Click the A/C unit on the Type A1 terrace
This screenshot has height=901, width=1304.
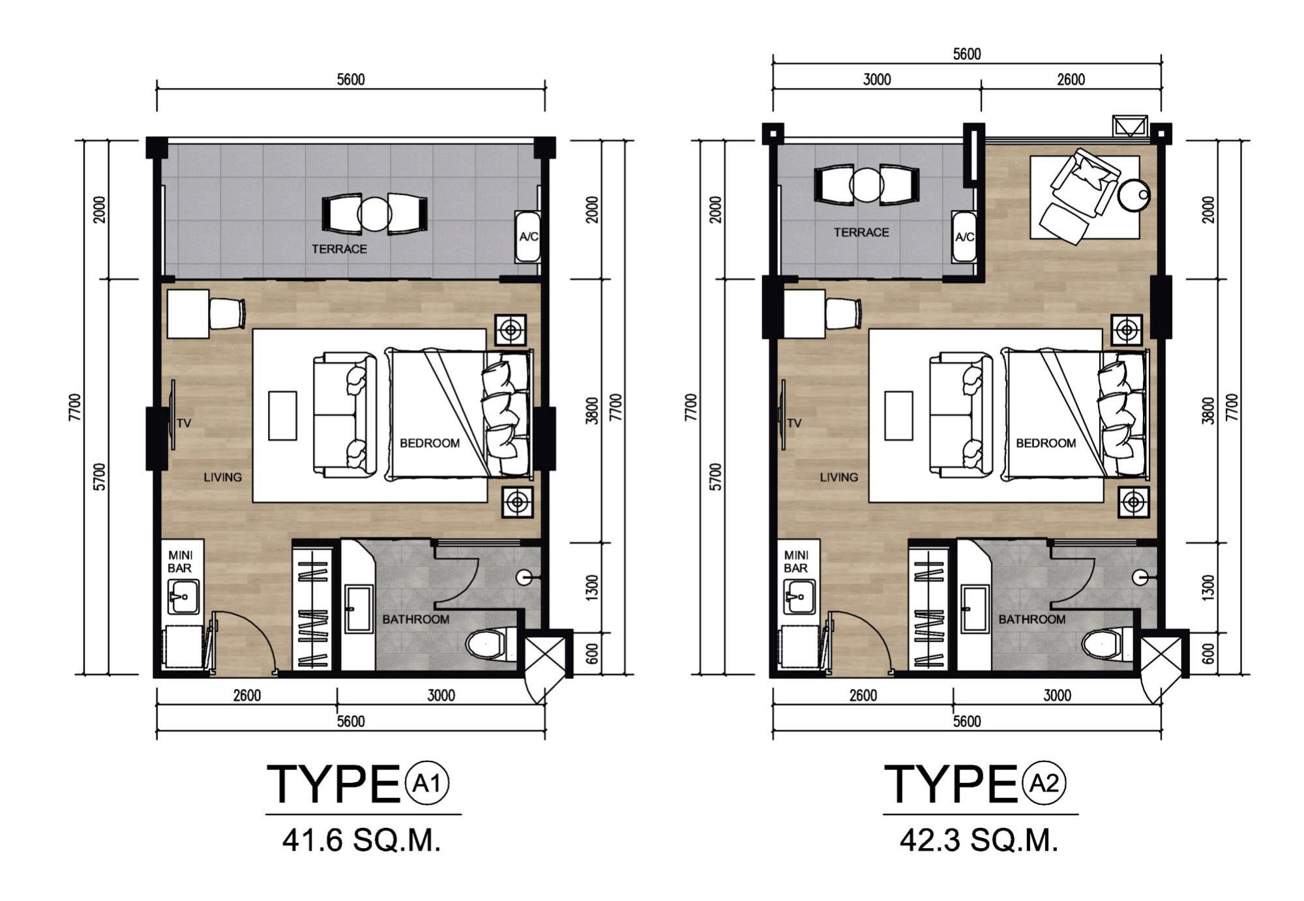pos(527,237)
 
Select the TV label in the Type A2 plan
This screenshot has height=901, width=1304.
pos(793,423)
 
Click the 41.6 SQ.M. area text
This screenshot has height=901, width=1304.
pos(362,840)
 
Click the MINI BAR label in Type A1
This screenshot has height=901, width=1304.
pos(180,561)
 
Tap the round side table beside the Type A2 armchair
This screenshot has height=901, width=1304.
pos(1134,194)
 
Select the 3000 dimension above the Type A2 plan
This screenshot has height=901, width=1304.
pos(877,80)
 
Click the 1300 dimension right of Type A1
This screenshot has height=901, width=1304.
pos(591,587)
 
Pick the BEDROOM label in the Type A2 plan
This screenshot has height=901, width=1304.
pos(1046,443)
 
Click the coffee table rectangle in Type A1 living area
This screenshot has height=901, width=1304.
pos(282,416)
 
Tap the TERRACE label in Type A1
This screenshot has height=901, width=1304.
pos(339,249)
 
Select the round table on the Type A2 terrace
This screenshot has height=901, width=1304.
pos(867,185)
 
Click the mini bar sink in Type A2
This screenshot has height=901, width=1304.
pos(799,597)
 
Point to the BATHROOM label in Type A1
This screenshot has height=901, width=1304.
pos(416,619)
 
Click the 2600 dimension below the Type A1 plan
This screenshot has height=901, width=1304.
pos(247,696)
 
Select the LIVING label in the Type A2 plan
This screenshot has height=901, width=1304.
pos(838,477)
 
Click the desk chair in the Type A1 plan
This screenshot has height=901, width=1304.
pos(228,314)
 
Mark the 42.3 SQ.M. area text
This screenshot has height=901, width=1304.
pos(979,840)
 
